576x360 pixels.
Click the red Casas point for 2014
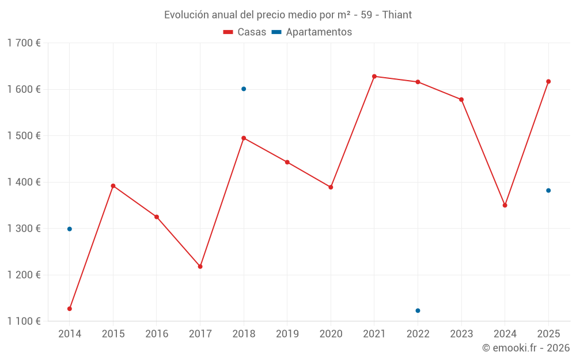70,309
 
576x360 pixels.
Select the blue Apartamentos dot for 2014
70,229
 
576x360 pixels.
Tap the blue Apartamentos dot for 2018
244,89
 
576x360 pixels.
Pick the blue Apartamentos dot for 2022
418,310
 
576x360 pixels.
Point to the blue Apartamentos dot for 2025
548,191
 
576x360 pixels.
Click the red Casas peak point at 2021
374,76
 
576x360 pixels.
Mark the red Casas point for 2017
200,267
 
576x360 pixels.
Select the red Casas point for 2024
505,205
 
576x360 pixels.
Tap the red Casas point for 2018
244,138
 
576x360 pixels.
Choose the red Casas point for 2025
548,81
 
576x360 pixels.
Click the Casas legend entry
245,32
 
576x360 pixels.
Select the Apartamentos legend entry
312,32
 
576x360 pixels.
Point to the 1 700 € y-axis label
24,43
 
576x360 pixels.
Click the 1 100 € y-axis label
24,321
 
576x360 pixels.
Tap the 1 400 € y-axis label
24,182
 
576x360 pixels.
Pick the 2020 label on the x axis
331,334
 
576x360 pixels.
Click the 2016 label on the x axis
157,334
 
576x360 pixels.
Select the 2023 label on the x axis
461,334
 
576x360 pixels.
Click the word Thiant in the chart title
397,15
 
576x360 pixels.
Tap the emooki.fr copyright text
525,348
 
